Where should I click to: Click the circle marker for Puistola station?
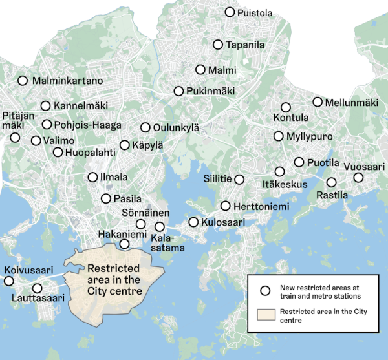click(x=229, y=12)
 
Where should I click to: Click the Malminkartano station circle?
click(x=23, y=81)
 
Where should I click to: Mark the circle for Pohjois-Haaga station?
click(x=47, y=124)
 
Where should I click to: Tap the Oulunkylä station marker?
click(x=145, y=127)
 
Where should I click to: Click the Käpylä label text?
click(x=148, y=146)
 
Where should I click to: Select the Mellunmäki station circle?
click(x=318, y=102)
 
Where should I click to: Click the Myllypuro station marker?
click(x=279, y=136)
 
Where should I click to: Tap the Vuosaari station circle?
click(x=358, y=177)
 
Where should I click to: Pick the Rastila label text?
click(x=332, y=195)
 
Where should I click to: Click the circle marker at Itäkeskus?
click(x=280, y=171)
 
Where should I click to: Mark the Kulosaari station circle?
click(x=193, y=222)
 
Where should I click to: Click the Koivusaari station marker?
click(x=8, y=281)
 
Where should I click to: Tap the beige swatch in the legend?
click(x=264, y=315)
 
